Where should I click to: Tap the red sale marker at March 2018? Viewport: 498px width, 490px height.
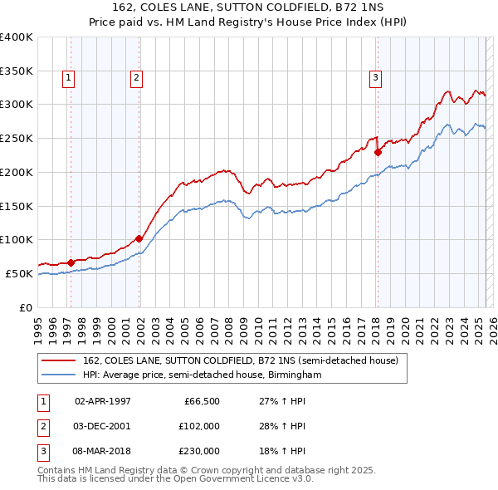[378, 152]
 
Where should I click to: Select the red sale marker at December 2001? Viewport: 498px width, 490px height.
[139, 238]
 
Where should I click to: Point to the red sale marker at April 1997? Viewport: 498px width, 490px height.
[71, 262]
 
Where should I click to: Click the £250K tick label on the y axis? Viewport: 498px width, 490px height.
[17, 138]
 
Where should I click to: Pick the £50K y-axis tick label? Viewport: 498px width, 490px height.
[20, 273]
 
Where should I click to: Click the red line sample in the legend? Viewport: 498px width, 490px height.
[60, 360]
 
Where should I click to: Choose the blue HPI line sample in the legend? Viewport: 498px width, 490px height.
[60, 375]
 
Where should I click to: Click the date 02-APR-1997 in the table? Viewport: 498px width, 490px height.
[103, 401]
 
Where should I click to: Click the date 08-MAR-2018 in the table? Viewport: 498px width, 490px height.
[103, 451]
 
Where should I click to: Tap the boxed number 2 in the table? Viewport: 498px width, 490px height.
[41, 426]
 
